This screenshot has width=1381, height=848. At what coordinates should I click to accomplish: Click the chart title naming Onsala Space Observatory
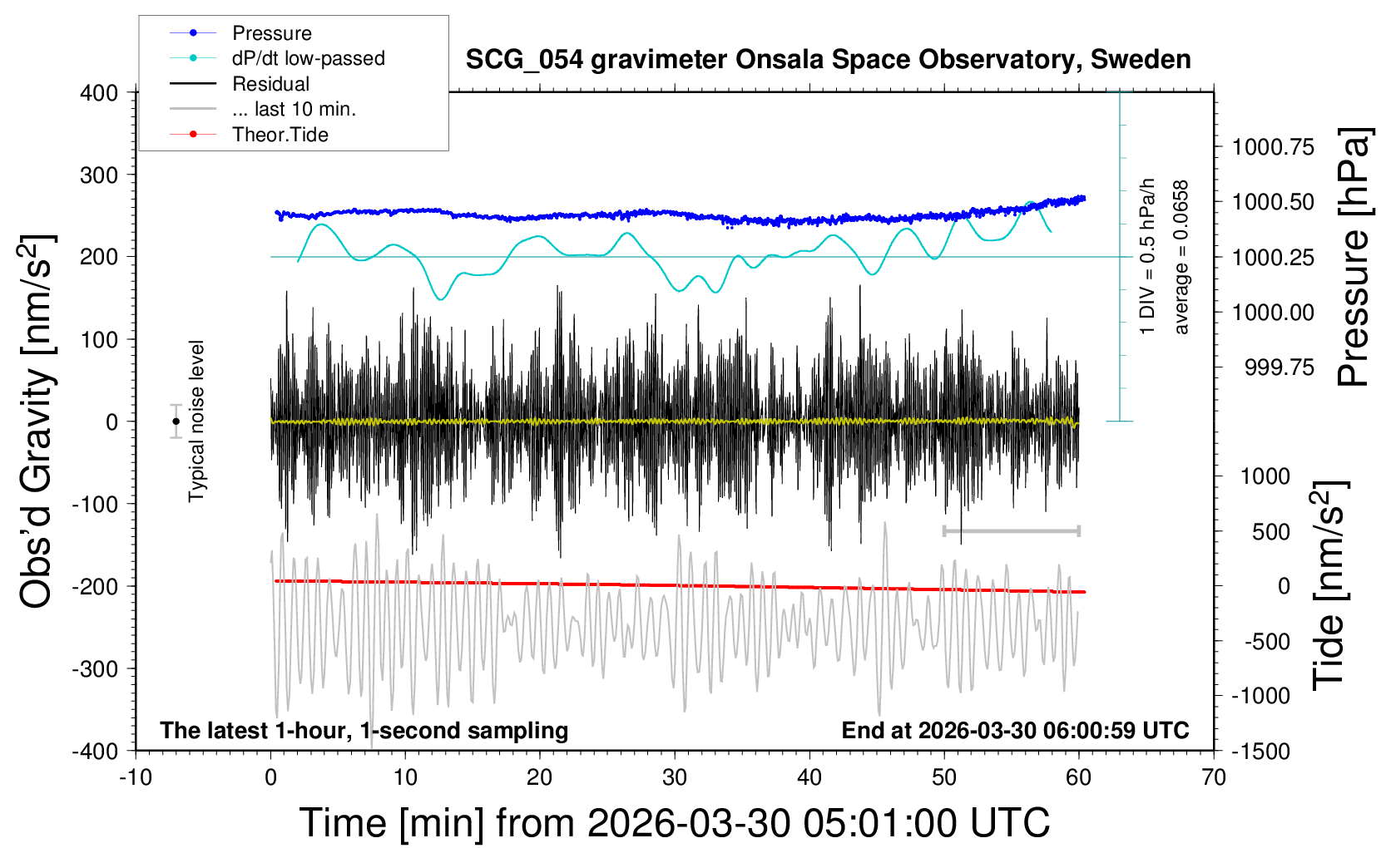click(828, 60)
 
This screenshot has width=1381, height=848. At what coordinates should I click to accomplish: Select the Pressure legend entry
click(271, 33)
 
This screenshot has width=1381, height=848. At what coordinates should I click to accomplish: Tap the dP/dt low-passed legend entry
click(308, 58)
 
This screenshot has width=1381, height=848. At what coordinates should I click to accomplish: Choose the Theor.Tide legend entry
click(280, 135)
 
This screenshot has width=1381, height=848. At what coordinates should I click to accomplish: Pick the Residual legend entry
click(270, 84)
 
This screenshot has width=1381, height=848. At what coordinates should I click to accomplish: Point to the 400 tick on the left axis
click(99, 93)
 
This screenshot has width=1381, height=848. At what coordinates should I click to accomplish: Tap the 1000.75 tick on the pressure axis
click(1273, 147)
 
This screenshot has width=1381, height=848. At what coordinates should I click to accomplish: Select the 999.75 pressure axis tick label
click(1280, 367)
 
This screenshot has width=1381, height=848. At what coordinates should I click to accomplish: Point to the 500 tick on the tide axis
click(1271, 532)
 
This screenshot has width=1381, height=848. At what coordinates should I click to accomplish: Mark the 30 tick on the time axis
click(675, 777)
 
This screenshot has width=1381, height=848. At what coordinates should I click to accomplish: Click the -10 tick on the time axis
click(136, 777)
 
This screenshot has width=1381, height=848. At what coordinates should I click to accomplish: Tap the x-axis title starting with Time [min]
click(674, 823)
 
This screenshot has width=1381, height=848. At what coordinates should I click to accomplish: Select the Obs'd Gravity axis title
click(37, 422)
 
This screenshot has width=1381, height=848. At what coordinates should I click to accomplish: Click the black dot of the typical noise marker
click(176, 422)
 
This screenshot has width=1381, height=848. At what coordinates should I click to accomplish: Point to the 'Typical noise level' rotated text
click(196, 422)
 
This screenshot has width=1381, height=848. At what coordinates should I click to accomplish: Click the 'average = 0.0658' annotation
click(1181, 258)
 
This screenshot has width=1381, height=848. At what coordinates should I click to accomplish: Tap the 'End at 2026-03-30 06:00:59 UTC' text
click(1015, 731)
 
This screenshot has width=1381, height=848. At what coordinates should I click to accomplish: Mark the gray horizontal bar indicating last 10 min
click(1011, 530)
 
